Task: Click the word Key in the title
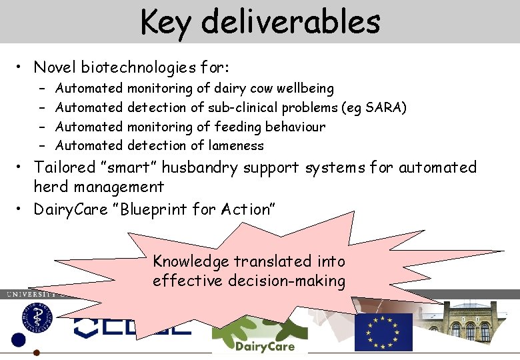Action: click(x=166, y=21)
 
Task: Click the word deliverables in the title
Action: click(x=290, y=21)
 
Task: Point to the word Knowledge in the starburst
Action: click(x=191, y=261)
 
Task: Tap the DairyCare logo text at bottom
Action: click(x=265, y=346)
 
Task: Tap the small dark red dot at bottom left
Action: click(x=37, y=353)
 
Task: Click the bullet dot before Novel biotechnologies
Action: click(x=22, y=68)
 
